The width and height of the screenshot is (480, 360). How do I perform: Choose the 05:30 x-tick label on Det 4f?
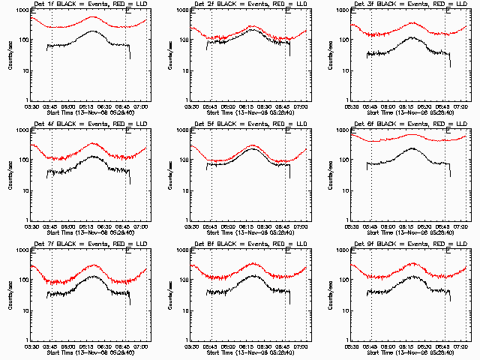[x=31, y=226]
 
